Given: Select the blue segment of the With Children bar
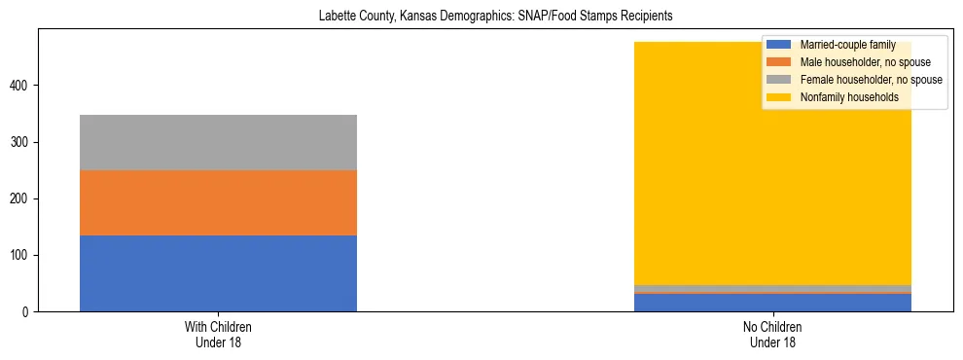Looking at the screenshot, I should click(x=218, y=273).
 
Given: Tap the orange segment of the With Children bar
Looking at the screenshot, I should click(x=218, y=202).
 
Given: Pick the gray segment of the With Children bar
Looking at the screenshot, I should click(x=218, y=142).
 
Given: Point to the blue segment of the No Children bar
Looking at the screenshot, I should click(x=772, y=303).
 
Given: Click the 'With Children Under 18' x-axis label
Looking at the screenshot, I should click(x=218, y=335).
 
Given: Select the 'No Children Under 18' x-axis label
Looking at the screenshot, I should click(x=772, y=335).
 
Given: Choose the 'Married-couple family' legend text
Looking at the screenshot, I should click(x=845, y=45).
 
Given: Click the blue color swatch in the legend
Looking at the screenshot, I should click(x=779, y=45).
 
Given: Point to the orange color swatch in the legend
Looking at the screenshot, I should click(x=779, y=62).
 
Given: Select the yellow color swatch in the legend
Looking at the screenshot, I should click(x=779, y=97).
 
